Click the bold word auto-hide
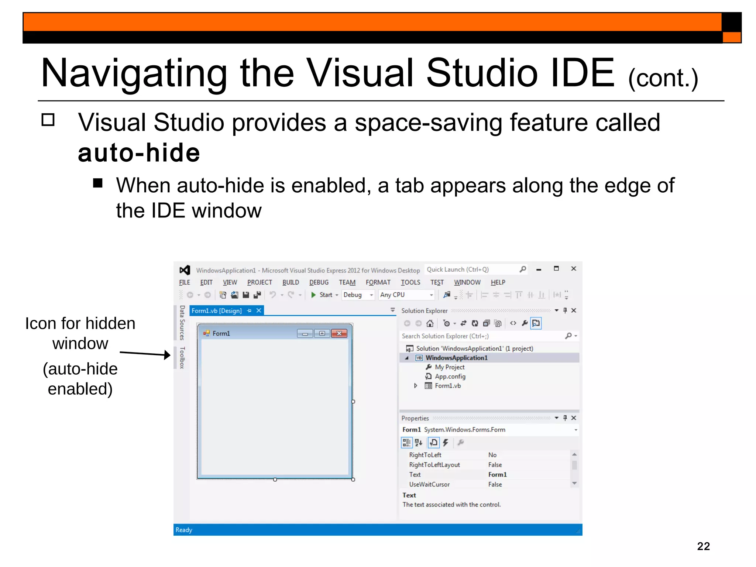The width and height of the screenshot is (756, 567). (139, 153)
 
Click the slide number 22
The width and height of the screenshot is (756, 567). (703, 546)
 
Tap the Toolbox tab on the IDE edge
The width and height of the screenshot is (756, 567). (182, 357)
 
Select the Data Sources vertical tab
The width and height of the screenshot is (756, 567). (182, 322)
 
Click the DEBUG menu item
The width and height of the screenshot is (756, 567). (319, 282)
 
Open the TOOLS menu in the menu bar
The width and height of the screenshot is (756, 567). (410, 282)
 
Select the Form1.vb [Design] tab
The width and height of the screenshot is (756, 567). (216, 311)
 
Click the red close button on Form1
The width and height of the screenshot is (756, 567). (339, 334)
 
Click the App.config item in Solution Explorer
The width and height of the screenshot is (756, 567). (450, 377)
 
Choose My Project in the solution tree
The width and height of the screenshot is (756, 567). (449, 367)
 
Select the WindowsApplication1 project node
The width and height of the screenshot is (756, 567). (456, 358)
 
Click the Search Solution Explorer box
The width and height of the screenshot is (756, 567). (480, 336)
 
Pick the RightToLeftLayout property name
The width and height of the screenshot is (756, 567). (434, 465)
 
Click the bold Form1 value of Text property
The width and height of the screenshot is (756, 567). (497, 475)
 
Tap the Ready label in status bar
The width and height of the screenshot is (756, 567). (184, 530)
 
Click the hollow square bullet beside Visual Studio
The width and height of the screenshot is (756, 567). (48, 120)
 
